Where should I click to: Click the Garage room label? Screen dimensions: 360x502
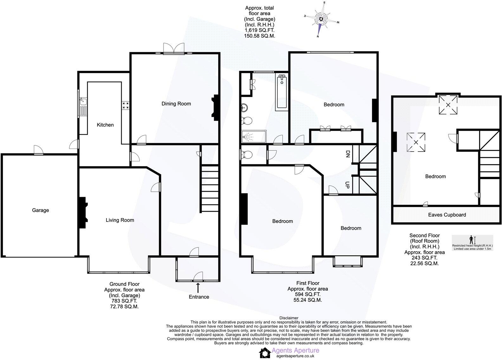40,210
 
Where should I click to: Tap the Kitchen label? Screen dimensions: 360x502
105,125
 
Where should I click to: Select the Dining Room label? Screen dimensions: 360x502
176,104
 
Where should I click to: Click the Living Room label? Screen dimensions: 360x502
120,220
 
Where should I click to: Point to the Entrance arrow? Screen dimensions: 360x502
198,287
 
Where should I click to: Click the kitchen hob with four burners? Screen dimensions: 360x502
125,105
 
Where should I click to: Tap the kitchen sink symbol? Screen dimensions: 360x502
83,101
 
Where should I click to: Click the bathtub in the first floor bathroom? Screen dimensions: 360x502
282,92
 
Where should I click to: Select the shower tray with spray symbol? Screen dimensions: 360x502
254,137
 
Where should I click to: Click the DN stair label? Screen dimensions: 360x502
347,154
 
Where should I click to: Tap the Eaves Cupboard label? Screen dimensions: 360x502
447,215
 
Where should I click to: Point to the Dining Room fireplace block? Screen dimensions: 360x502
216,108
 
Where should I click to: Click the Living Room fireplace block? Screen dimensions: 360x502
82,213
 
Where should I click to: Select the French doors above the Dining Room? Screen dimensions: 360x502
174,49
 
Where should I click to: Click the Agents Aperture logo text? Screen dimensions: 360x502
295,350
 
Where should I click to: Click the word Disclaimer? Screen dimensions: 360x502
289,318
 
